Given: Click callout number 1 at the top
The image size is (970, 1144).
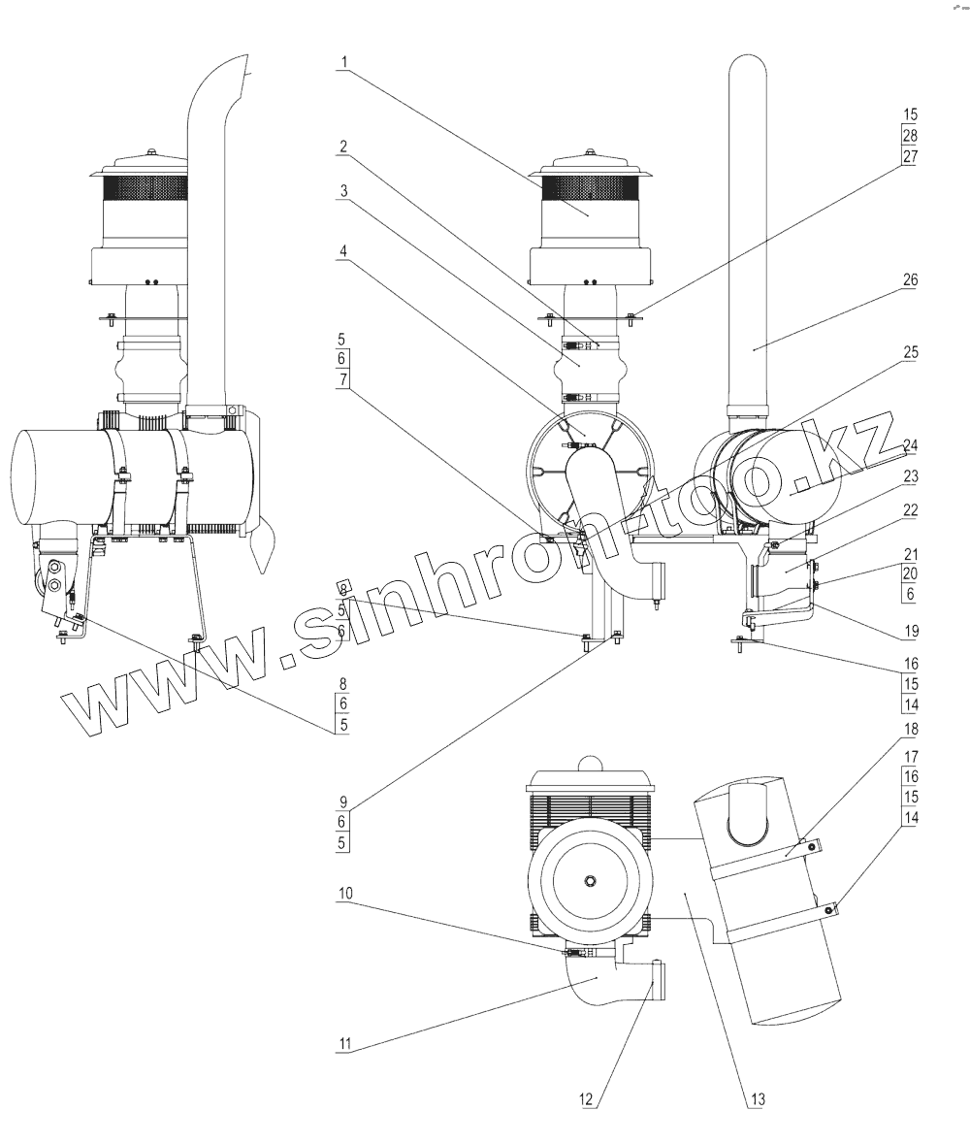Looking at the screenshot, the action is click(343, 63).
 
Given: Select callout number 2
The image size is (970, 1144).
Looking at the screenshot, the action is click(343, 147).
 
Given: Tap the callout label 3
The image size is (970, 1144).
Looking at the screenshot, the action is click(343, 191).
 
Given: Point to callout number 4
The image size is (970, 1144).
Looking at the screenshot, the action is click(343, 250).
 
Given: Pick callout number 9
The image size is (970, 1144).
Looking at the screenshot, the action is click(343, 802).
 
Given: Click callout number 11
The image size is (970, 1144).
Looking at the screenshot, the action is click(344, 1045).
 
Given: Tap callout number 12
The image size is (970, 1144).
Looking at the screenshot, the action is click(585, 1100).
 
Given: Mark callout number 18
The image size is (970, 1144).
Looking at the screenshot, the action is click(910, 728).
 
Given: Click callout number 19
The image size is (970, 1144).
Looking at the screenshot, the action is click(910, 631).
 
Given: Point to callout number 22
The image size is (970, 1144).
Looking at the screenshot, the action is click(910, 509).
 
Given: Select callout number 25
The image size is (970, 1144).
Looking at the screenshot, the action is click(910, 352).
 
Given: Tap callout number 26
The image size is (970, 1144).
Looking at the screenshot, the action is click(910, 280).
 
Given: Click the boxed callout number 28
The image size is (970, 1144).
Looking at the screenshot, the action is click(910, 135).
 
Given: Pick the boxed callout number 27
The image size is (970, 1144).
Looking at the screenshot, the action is click(910, 155).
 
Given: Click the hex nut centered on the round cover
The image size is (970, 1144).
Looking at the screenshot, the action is click(589, 879).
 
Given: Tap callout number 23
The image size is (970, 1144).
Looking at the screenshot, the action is click(910, 476).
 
